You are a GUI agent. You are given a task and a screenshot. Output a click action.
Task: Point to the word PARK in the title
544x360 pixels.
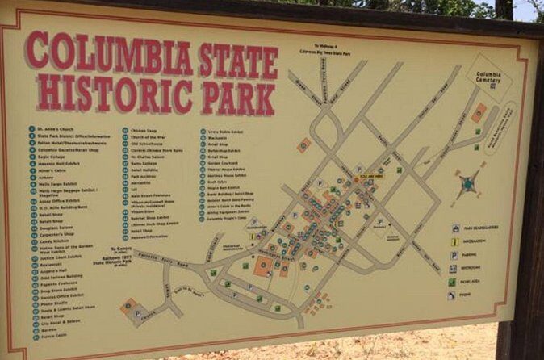point(240,98)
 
